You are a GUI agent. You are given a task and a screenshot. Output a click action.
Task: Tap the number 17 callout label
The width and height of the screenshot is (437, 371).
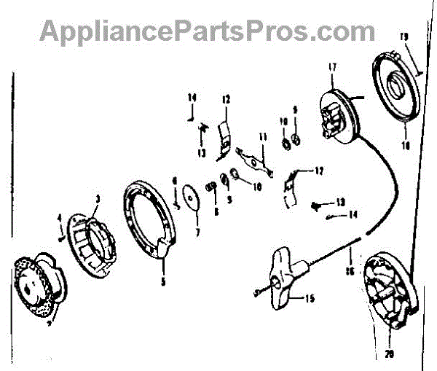(332, 69)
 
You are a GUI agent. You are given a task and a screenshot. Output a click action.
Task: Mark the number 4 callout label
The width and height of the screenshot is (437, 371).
(59, 216)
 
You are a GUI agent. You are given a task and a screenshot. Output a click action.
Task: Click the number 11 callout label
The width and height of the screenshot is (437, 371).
(262, 136)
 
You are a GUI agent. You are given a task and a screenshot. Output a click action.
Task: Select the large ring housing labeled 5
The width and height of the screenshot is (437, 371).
(149, 218)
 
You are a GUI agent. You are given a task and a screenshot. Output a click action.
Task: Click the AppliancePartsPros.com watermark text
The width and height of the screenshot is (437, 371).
(208, 31)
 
